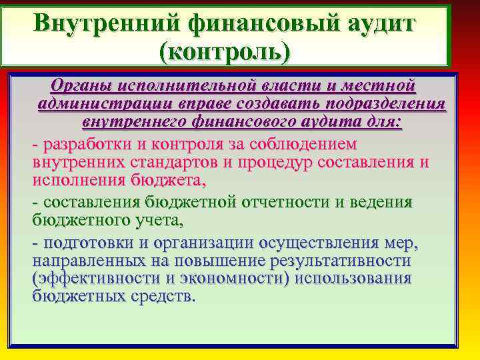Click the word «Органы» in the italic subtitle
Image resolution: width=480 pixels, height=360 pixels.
(81, 85)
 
